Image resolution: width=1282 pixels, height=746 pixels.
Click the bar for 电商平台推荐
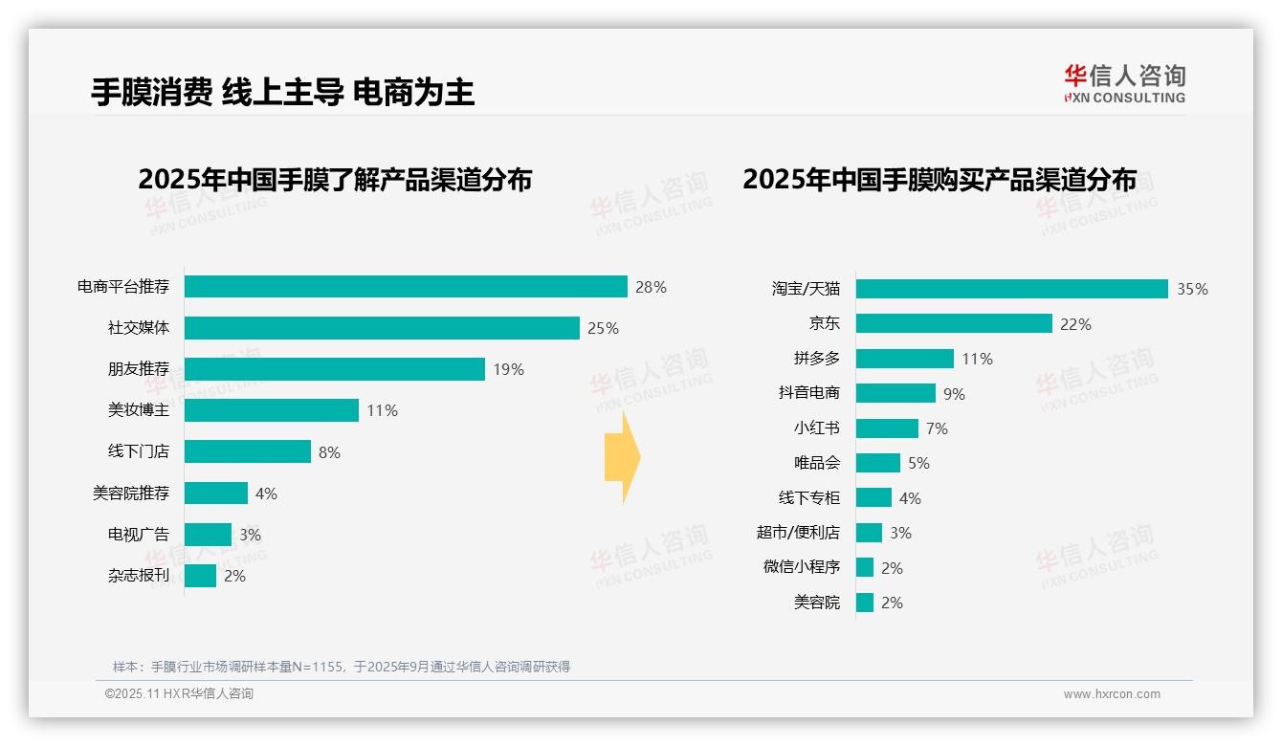tap(406, 287)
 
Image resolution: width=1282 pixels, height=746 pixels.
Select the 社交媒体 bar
tap(382, 328)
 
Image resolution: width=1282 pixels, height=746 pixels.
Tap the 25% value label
tap(603, 328)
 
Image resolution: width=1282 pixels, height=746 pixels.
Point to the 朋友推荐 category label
tap(138, 369)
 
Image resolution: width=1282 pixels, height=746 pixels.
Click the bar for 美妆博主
tap(272, 410)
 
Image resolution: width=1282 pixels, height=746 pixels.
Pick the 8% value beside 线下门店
tap(329, 452)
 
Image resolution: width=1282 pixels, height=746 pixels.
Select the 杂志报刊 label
tap(138, 576)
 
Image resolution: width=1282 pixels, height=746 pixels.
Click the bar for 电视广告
tap(208, 535)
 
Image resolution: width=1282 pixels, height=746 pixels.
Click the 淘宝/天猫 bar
tap(1011, 289)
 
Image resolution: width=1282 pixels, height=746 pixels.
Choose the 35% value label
tap(1192, 289)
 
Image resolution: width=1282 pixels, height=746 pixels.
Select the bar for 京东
tap(954, 324)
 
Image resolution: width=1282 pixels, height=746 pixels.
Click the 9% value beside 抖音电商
tap(954, 394)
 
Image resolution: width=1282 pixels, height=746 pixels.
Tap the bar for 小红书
tap(887, 428)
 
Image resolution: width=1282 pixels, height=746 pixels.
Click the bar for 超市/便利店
tap(869, 533)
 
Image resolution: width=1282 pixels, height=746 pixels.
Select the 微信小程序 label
tap(801, 567)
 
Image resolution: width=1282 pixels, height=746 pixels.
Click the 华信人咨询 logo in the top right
tap(1124, 83)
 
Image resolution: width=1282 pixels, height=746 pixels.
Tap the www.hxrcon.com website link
tap(1111, 694)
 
